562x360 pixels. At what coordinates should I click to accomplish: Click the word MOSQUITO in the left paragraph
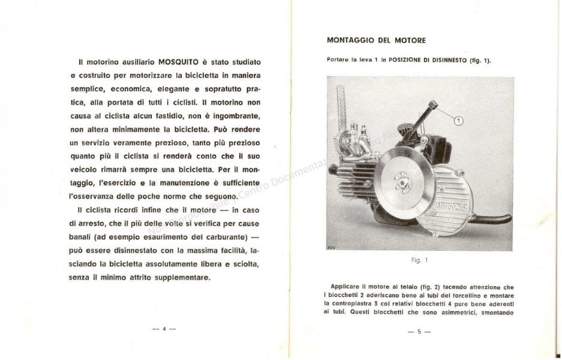point(181,62)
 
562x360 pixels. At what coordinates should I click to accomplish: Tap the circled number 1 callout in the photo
point(460,121)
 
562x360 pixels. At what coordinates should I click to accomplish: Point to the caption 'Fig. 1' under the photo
point(418,261)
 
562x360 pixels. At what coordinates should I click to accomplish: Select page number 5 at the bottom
point(419,331)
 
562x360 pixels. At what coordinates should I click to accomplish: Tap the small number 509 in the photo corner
point(330,246)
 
